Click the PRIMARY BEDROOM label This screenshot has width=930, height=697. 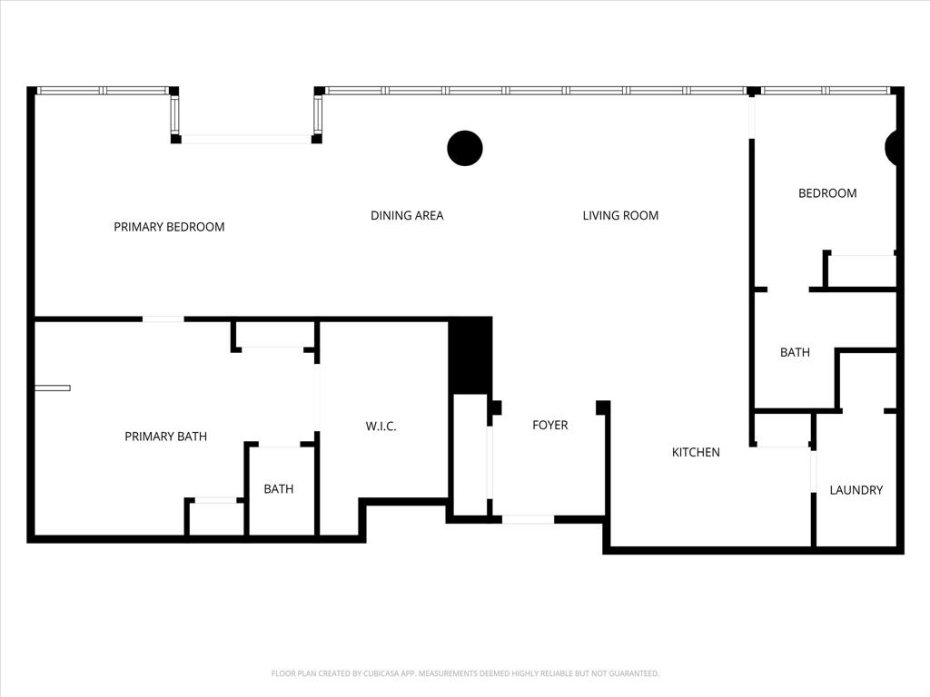169,227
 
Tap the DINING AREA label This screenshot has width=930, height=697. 407,216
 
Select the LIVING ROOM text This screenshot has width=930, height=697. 620,216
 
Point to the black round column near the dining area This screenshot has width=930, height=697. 465,148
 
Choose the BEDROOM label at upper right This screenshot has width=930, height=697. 827,193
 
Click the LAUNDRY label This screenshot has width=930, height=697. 856,490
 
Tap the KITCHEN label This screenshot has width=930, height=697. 696,452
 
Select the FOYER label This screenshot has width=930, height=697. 549,425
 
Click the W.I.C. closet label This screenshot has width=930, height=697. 381,427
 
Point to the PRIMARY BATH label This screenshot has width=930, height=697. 165,437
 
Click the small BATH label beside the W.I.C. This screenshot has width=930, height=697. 279,489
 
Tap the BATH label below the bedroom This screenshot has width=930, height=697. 795,352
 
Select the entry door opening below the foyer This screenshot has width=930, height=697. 528,519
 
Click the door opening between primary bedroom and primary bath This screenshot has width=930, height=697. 163,319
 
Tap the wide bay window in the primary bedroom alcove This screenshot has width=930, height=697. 245,139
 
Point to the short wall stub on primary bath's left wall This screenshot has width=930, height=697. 53,388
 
